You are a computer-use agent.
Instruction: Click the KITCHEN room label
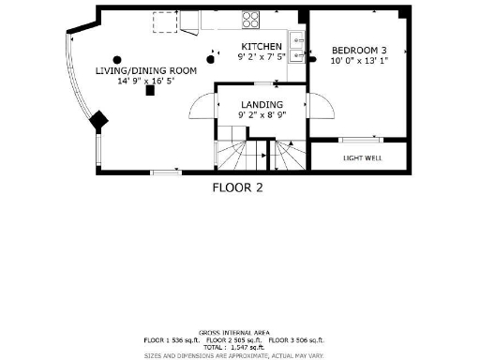pos(262,47)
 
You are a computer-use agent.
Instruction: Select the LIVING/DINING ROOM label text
pos(145,71)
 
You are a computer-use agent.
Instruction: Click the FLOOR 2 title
pos(237,187)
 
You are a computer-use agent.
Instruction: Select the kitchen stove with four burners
pos(251,19)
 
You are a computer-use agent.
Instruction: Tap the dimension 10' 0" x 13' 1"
pos(357,60)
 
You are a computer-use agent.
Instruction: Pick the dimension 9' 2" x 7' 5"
pos(262,57)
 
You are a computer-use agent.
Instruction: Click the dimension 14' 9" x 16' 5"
pos(145,82)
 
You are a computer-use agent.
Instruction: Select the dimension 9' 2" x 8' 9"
pos(262,114)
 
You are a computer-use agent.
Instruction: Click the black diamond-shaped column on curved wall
pos(97,119)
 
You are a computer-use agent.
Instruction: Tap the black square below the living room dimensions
pos(149,92)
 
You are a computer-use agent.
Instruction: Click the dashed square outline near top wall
pos(166,20)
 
